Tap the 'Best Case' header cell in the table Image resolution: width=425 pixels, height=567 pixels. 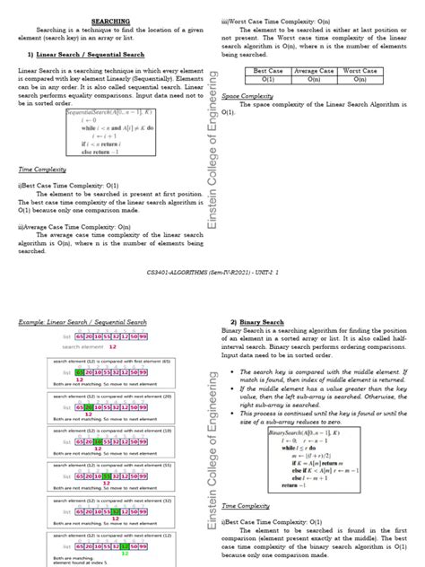point(268,70)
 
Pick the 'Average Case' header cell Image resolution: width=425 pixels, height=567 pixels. point(314,70)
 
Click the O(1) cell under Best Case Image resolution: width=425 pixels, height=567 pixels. point(268,79)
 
